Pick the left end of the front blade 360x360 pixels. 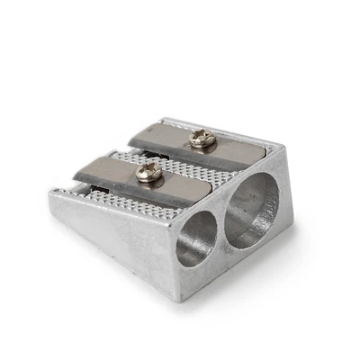point(78,168)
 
